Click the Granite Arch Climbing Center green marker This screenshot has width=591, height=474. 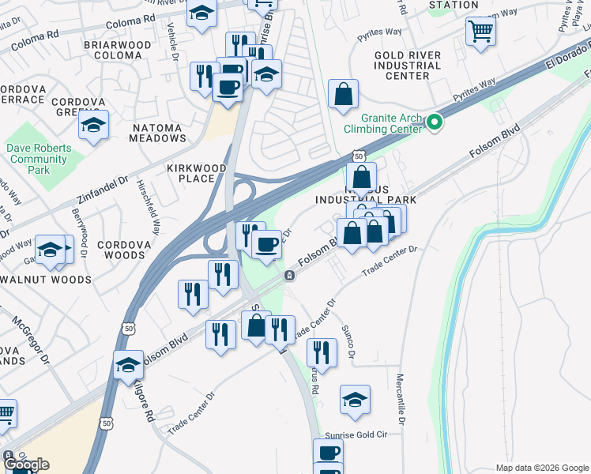click(434, 122)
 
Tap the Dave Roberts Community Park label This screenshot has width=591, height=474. click(39, 159)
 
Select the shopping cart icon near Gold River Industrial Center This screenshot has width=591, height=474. click(481, 32)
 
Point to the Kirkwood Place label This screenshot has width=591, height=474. click(196, 173)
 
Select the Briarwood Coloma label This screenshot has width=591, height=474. click(117, 51)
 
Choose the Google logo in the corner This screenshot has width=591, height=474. click(25, 465)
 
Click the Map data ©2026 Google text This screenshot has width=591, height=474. click(541, 468)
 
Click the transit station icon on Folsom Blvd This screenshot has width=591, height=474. click(290, 275)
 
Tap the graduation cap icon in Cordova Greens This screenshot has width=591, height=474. click(94, 126)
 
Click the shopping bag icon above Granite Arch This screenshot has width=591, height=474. click(344, 94)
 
